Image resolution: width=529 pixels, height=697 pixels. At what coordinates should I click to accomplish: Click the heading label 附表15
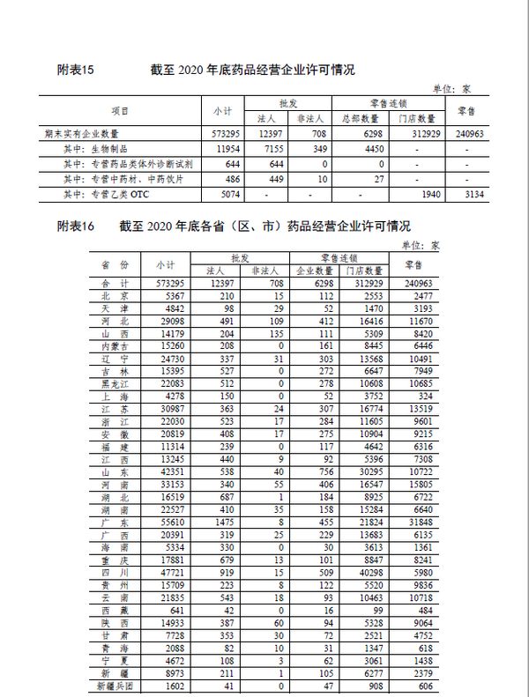(75, 70)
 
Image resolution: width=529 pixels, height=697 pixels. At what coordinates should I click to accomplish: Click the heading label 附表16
(75, 226)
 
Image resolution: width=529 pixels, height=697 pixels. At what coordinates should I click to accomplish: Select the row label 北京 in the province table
(115, 296)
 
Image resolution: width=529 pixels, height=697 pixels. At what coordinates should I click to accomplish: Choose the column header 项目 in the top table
(119, 111)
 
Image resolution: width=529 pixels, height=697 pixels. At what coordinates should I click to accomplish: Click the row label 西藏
(115, 611)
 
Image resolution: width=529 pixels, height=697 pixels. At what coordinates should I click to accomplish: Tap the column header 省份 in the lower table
(115, 264)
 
